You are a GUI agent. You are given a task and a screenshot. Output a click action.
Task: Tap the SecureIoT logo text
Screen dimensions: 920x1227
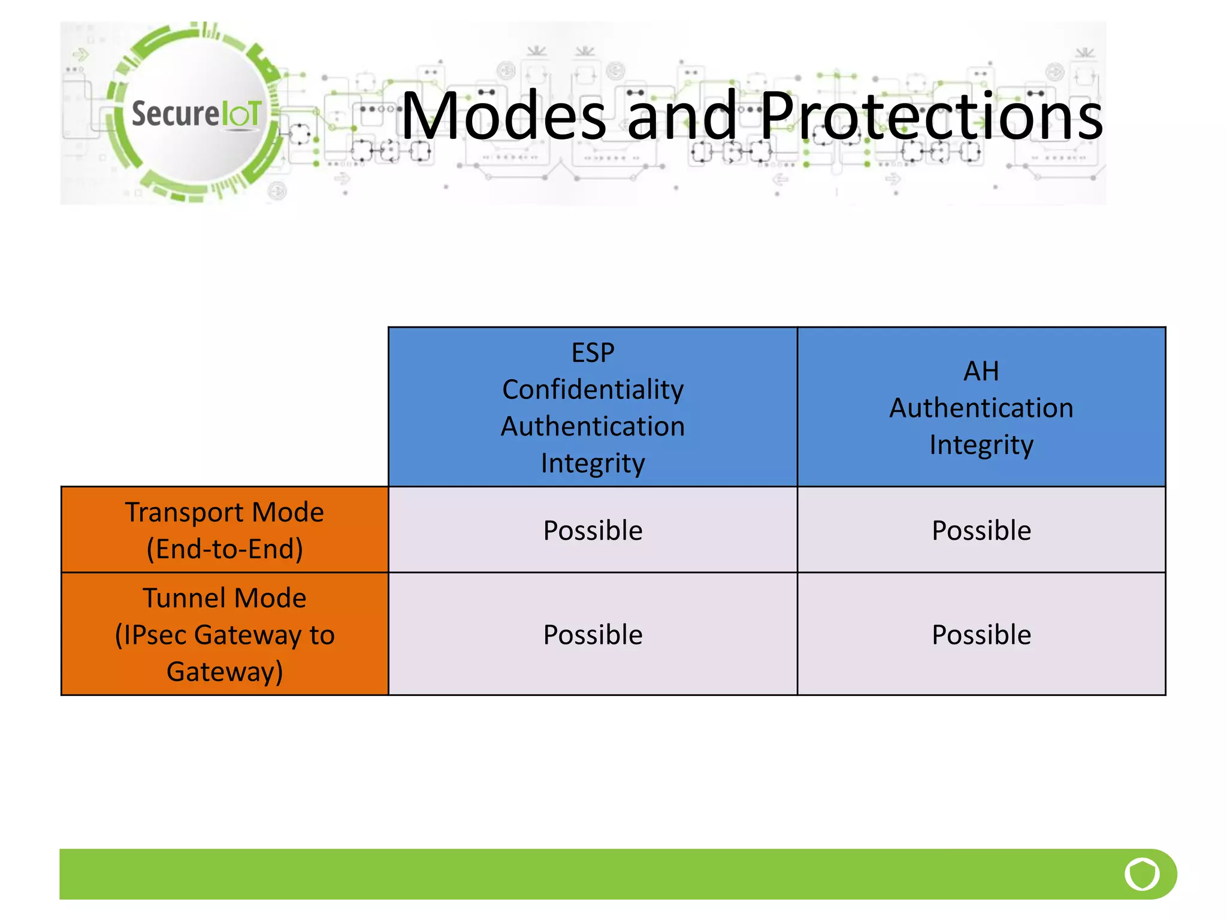coord(196,113)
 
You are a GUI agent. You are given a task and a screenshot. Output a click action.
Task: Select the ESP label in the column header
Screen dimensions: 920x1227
coord(593,353)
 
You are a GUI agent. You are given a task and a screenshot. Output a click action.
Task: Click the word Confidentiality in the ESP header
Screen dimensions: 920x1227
coord(593,390)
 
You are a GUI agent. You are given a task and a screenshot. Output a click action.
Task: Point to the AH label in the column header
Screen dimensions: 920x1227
coord(981,371)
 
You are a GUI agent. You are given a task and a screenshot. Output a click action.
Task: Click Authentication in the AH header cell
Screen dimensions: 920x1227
coord(981,408)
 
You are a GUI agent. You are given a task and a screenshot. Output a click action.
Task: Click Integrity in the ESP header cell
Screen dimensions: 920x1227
coord(593,464)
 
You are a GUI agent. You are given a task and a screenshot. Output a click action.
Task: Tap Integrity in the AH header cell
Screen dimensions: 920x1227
coord(981,445)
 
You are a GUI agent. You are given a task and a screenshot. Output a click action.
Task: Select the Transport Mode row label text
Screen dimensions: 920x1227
coord(224,512)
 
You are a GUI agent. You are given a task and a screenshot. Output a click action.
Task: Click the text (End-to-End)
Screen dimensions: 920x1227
coord(224,549)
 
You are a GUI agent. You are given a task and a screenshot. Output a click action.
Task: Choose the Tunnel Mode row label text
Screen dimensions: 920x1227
coord(224,598)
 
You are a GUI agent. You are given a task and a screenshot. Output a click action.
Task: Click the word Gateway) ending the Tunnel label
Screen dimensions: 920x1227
coord(224,671)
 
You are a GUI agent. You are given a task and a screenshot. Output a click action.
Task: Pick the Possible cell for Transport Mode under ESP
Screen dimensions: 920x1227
coord(593,531)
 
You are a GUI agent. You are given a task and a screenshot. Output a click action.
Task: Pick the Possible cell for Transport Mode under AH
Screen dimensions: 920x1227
coord(981,531)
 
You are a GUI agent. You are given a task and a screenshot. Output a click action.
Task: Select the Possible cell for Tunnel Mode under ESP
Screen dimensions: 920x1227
coord(593,635)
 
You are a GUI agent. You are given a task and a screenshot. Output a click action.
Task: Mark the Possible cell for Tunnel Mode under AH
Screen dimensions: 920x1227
coord(981,635)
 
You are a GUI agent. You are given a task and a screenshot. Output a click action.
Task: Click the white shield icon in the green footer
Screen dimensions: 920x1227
coord(1142,874)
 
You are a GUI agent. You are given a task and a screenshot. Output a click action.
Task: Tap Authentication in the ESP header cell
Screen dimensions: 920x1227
coord(593,427)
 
